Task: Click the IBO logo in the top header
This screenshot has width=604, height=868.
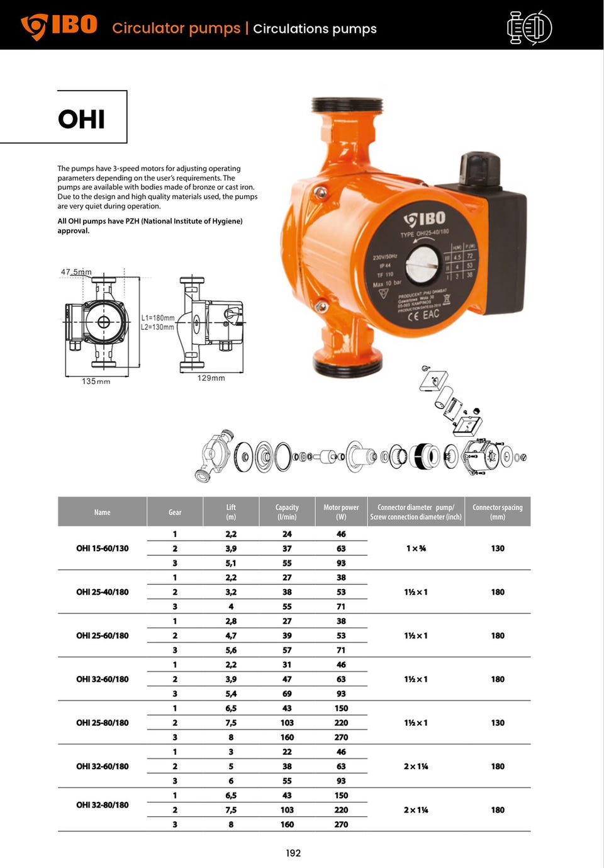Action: [x=59, y=26]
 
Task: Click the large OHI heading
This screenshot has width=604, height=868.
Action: [x=81, y=119]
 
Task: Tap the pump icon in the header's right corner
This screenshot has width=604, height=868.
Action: [x=529, y=28]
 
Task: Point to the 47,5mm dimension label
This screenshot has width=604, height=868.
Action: [x=76, y=272]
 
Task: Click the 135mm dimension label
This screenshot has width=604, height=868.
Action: [x=96, y=381]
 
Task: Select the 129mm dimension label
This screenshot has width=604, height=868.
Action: [x=211, y=378]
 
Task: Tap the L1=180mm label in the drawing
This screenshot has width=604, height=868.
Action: [x=157, y=318]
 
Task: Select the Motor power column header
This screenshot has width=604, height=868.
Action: [x=341, y=512]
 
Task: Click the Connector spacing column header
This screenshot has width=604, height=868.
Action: [x=497, y=512]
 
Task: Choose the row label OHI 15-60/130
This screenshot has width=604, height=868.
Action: [x=102, y=548]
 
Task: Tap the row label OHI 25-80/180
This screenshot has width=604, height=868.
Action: [x=102, y=723]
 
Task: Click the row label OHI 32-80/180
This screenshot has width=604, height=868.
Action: [x=102, y=805]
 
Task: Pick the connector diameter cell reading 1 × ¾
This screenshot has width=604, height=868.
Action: [x=415, y=548]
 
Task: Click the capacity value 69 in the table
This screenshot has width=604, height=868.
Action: [x=287, y=694]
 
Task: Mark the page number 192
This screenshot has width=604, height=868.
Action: [x=293, y=853]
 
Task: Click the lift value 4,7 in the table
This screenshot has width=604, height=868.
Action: [x=231, y=636]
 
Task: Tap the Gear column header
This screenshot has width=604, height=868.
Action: [x=175, y=512]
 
